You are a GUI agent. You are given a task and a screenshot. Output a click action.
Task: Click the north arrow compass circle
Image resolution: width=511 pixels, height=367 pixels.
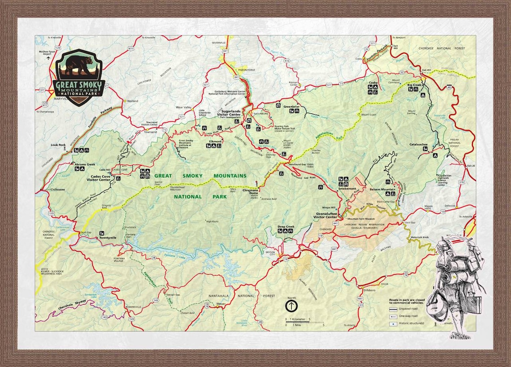coord(291,306)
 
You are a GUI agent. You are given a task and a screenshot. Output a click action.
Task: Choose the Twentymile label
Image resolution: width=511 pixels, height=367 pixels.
coord(109,238)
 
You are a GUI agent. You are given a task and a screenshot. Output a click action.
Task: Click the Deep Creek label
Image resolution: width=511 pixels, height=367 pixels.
coord(286,227)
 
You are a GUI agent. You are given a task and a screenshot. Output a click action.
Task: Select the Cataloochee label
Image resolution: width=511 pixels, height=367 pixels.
coord(418,145)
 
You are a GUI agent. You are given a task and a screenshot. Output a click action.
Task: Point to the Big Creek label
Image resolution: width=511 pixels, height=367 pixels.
coord(414,85)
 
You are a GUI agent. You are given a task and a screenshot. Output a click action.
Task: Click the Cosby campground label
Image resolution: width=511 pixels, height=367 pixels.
coord(373,83)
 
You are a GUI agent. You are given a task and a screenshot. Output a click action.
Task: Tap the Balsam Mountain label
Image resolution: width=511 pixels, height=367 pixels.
coord(382,190)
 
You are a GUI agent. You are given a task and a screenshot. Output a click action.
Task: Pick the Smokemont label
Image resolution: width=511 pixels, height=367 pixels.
coord(346,189)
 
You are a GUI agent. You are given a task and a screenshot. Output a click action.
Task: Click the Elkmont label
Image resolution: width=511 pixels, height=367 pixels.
coord(215,141)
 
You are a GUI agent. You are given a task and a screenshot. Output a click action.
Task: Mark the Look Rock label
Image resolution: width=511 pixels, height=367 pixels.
coord(58,145)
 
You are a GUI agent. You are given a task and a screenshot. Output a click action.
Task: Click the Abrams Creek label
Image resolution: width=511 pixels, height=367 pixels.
coord(85,164)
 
